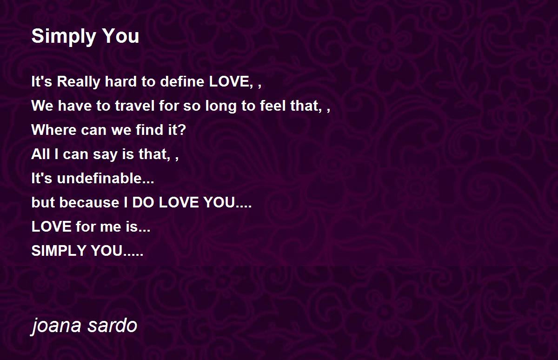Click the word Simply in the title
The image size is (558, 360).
tap(64, 37)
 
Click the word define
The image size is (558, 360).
tap(182, 81)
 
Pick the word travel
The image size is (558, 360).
tap(135, 106)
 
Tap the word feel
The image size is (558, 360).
tap(272, 106)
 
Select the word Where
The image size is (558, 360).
tap(54, 130)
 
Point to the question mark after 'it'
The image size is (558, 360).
tap(182, 130)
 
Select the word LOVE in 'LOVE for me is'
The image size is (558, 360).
tap(52, 227)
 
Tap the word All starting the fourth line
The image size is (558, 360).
tap(40, 154)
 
